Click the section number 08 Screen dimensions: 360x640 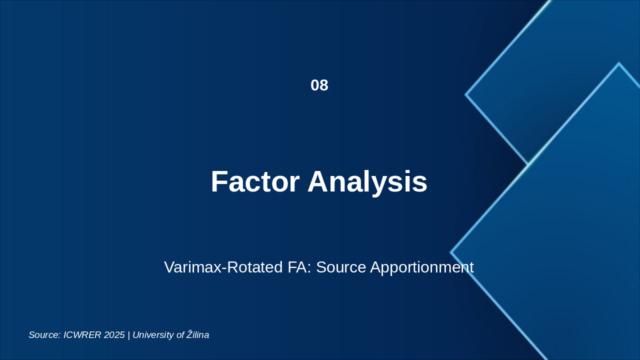319,85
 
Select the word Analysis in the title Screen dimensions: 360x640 367,181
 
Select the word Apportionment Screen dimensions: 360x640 421,267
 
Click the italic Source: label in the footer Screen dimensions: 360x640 44,335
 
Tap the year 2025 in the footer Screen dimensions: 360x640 114,335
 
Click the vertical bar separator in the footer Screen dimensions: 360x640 128,335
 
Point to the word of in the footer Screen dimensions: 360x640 180,335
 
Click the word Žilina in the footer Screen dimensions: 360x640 198,335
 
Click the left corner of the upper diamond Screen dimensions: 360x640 466,94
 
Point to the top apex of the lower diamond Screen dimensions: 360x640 619,63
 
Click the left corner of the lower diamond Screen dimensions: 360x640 451,252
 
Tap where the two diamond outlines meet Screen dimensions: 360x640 528,164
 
